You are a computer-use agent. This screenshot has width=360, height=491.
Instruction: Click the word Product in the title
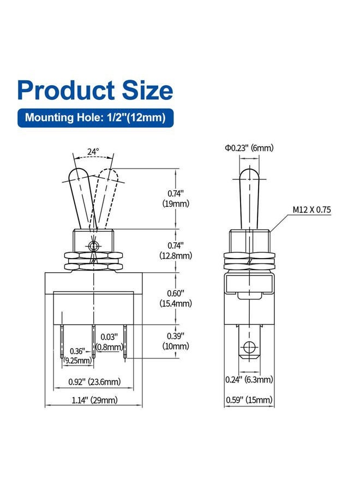67,90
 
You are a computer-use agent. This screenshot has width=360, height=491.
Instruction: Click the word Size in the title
147,90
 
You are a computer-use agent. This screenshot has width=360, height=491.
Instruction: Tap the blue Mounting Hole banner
95,118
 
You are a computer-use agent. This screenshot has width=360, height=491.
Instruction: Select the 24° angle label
93,152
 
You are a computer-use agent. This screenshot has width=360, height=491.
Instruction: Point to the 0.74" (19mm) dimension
176,199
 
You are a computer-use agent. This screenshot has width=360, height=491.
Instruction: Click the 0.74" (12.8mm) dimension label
176,250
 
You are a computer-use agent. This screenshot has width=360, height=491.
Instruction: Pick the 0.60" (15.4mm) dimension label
176,298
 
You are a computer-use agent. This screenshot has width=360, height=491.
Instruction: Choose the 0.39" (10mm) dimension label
176,341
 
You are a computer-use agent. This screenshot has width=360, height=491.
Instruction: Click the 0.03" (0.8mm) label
109,342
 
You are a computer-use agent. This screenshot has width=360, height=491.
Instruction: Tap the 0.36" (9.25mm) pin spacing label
77,356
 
